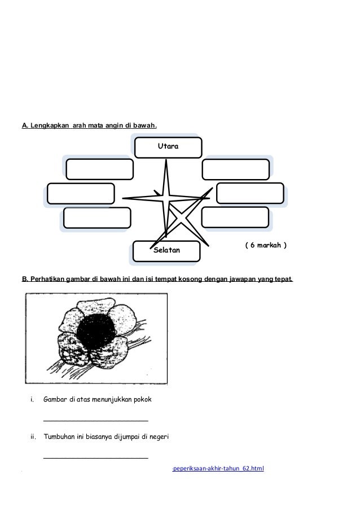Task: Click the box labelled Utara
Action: pos(167,146)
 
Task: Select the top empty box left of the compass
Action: pos(99,169)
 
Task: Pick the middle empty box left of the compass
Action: pos(81,193)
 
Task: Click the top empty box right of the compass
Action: pos(235,169)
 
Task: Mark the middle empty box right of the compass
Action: pos(249,193)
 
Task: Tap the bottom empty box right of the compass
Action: pos(234,217)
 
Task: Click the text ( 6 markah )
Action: pos(265,246)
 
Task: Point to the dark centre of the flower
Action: pos(96,332)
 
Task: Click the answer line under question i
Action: pos(96,420)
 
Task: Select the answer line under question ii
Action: pos(96,456)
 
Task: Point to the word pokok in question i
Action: pos(142,400)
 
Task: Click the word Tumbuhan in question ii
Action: pos(60,437)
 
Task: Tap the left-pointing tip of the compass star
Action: pos(124,198)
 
